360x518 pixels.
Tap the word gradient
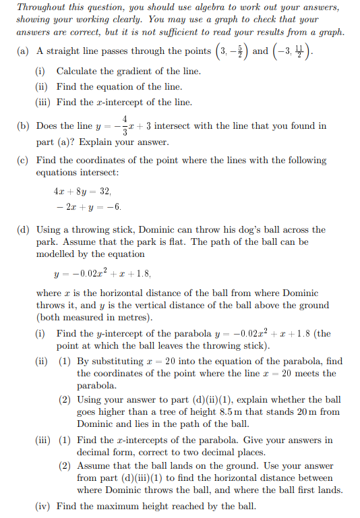pos(127,71)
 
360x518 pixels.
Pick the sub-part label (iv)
pos(43,505)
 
